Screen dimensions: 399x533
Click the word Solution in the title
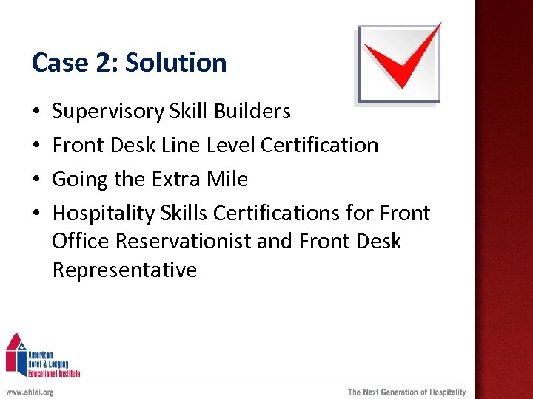tap(176, 63)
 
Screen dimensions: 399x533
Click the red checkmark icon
tap(400, 62)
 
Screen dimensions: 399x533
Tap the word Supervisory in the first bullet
tap(108, 112)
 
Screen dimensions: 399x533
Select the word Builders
tap(252, 112)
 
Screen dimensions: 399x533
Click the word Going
tap(76, 180)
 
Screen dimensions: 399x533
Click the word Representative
tap(124, 270)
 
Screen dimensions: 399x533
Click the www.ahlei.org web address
tap(30, 392)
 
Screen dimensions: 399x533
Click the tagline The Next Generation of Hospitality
tap(407, 392)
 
